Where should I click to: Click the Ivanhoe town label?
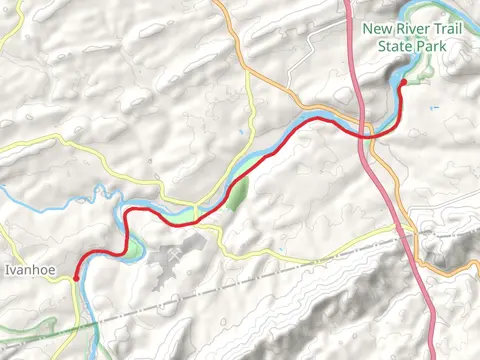(28, 269)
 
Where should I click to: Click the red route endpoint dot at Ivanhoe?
(76, 278)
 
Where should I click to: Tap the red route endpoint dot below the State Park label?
(403, 83)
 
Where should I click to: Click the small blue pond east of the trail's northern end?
(433, 107)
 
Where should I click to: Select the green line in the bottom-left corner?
(40, 336)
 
